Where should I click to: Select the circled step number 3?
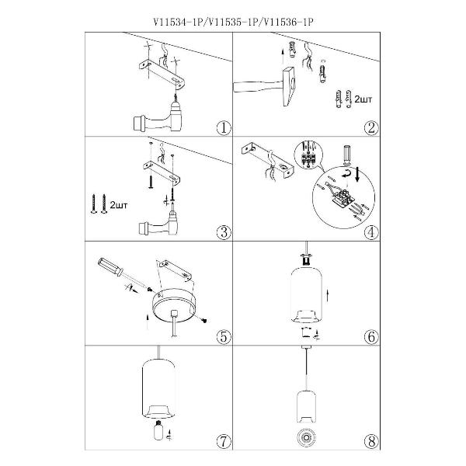click(x=223, y=231)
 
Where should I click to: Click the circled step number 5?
click(x=223, y=336)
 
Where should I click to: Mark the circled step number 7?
click(x=223, y=441)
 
